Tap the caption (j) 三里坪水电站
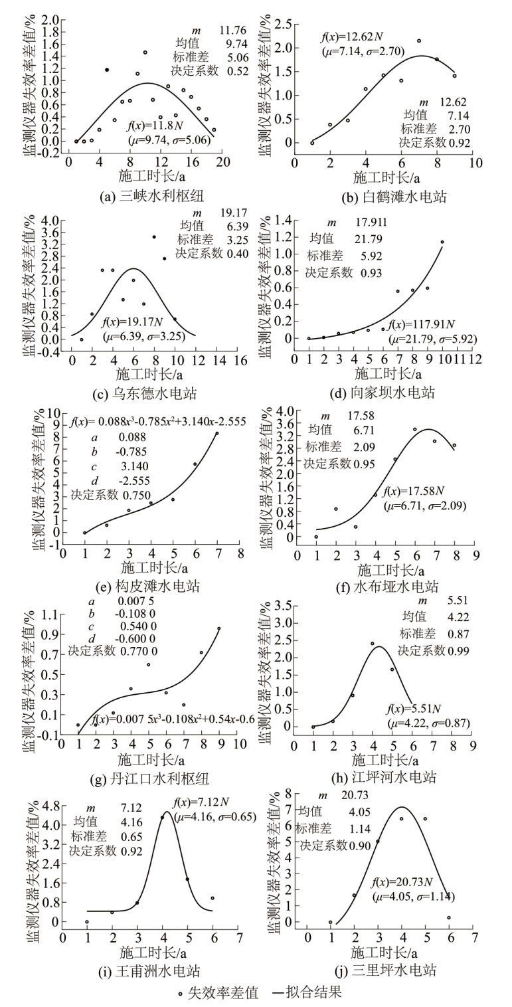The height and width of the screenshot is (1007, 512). (386, 970)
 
